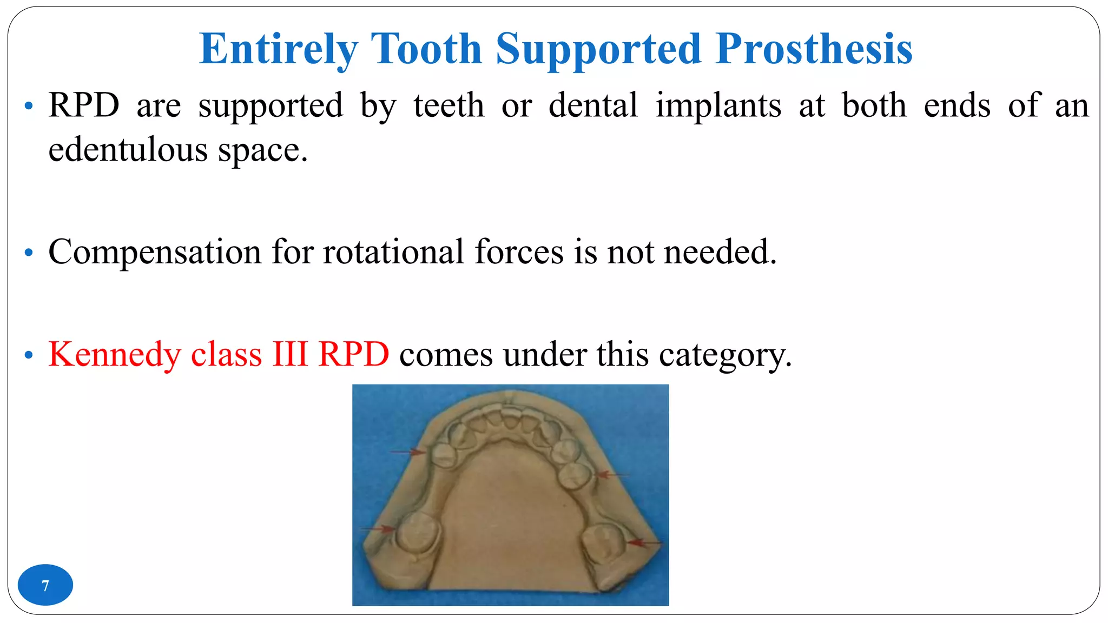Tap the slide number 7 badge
tap(45, 585)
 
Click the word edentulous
tap(128, 150)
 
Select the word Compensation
tap(155, 252)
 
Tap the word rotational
tap(393, 252)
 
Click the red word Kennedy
tap(114, 355)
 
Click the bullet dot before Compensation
tap(29, 253)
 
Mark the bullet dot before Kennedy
tap(29, 355)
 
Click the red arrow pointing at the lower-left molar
tap(377, 529)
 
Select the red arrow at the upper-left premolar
tap(408, 452)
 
